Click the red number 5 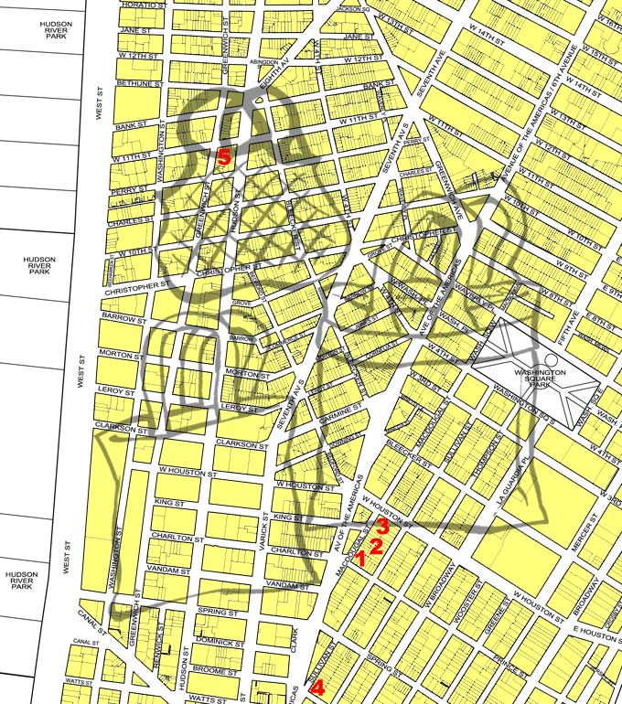coord(224,156)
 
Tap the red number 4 coord(317,688)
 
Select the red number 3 coord(385,527)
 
